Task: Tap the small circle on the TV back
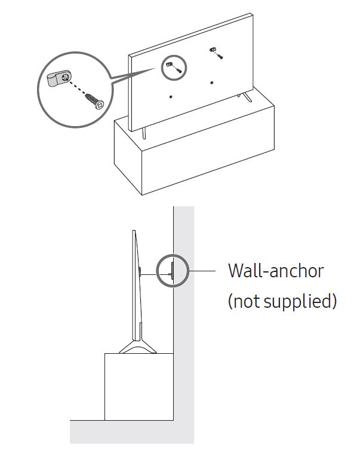(174, 68)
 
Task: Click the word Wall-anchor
(275, 270)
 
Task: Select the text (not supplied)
(282, 301)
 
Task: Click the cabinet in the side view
(139, 385)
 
